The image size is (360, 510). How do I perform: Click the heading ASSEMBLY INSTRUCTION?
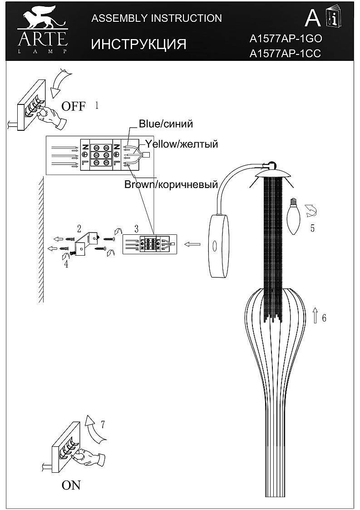157,18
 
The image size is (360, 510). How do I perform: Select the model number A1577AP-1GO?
286,39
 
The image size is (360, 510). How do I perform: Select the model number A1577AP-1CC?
286,54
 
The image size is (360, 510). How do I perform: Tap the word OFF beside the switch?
73,107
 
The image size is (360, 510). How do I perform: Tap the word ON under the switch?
71,485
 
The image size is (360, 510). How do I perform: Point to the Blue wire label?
166,124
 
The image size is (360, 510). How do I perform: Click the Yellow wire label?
182,144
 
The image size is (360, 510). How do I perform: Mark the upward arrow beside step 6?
315,314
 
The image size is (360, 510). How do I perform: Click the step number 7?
103,425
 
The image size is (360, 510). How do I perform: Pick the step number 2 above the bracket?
79,228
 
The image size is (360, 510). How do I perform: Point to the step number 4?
66,264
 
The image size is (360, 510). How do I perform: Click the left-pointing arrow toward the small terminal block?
193,244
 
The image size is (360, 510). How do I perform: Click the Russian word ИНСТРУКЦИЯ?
139,44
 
